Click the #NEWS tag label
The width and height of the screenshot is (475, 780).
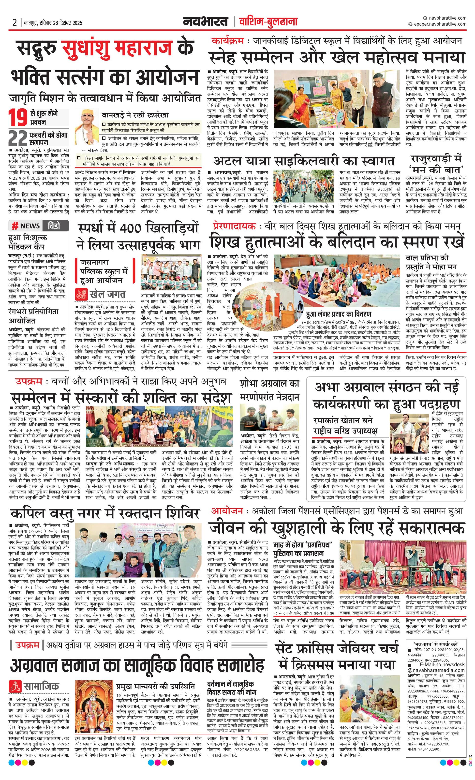tap(26, 226)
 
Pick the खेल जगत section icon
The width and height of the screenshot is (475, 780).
tap(81, 294)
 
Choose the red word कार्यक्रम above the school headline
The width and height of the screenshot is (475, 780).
tap(227, 41)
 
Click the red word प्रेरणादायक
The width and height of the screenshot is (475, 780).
tap(234, 226)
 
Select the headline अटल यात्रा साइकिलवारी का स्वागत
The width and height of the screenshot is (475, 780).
tap(304, 161)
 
